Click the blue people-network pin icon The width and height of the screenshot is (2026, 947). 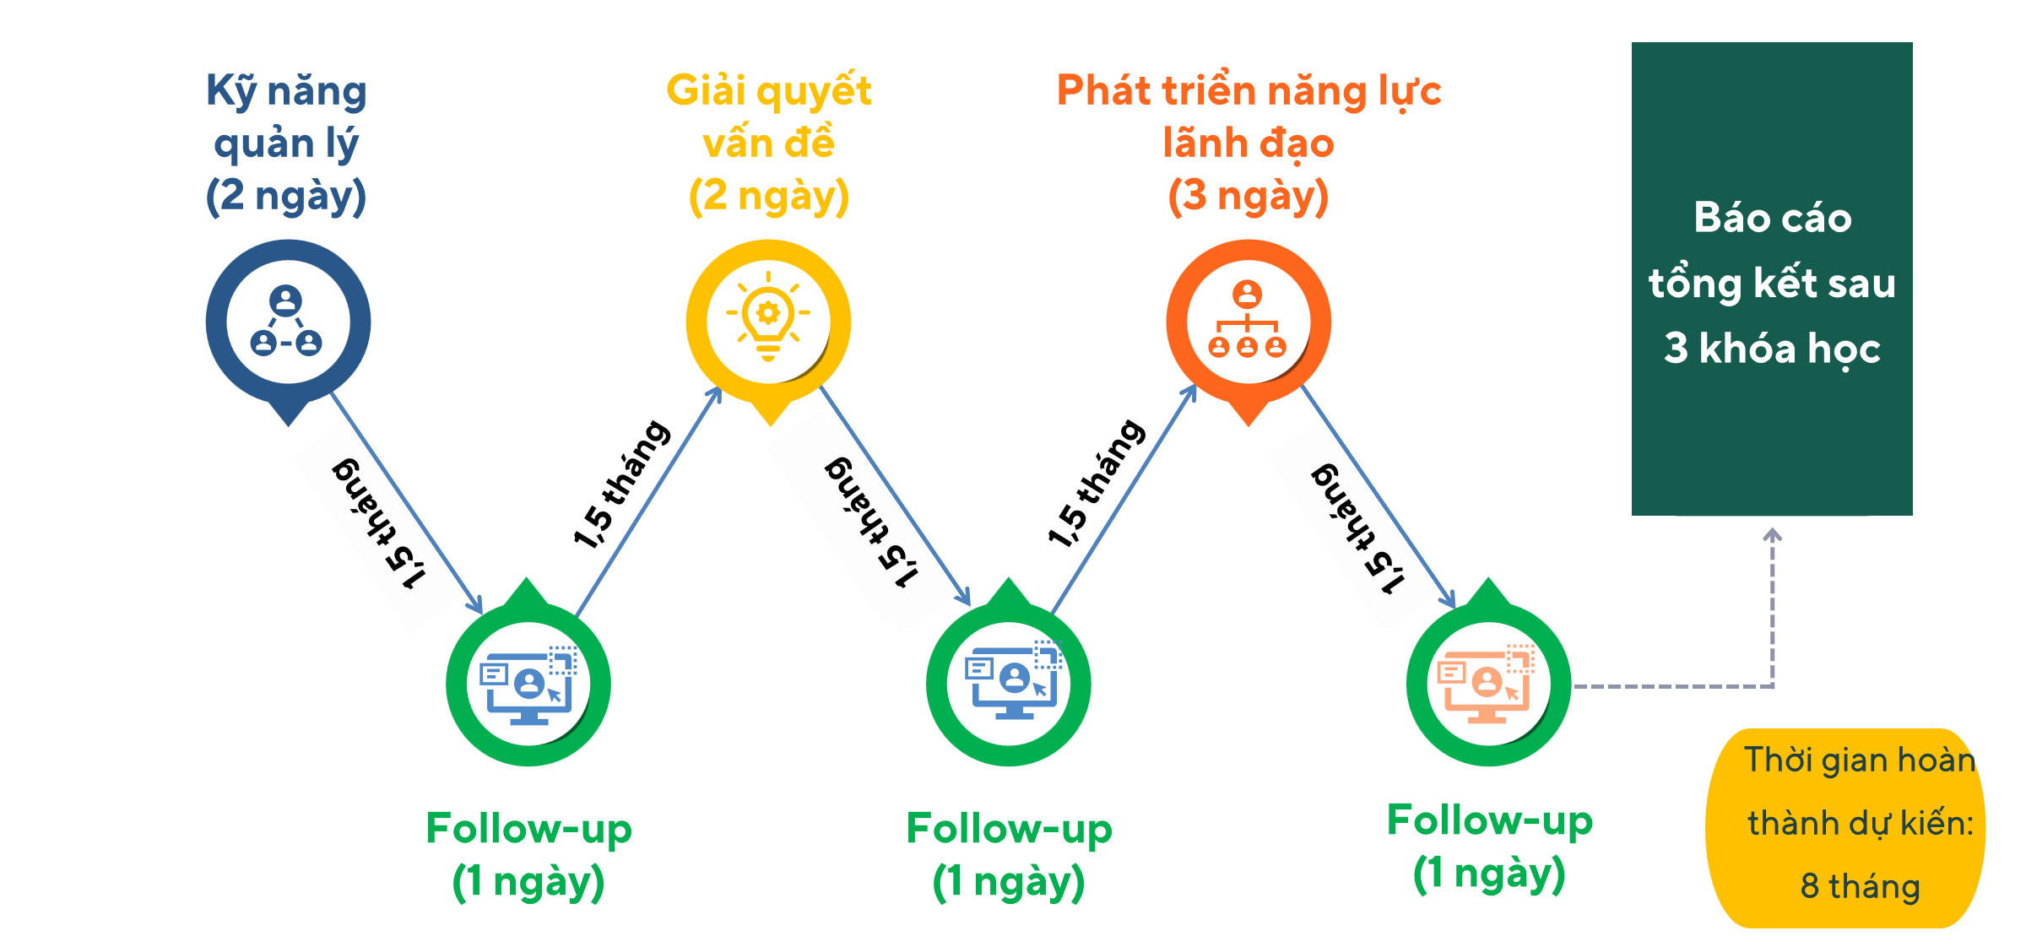(288, 322)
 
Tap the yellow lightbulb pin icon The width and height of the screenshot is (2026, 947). (768, 322)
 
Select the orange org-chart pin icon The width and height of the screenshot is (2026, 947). (1248, 322)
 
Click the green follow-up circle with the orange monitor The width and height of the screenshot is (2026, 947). (1488, 684)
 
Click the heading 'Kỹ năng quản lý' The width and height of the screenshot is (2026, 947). (286, 116)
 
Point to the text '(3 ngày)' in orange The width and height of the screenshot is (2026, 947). (1248, 196)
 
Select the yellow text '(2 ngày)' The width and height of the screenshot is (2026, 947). (768, 196)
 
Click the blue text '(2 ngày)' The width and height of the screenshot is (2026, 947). (286, 196)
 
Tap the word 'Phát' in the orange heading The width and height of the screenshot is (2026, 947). (1102, 91)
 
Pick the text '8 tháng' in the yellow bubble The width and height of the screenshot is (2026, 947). (1860, 886)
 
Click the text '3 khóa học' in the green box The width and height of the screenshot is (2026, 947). (1772, 348)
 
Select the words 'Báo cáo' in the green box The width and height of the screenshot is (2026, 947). (1772, 218)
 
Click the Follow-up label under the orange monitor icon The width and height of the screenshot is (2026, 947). (1489, 820)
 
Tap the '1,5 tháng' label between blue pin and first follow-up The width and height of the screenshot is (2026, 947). (379, 523)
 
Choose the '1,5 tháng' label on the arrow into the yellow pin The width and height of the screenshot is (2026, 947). (621, 484)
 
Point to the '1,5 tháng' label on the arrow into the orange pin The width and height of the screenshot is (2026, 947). (1097, 483)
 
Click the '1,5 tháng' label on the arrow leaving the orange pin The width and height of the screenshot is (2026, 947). (1357, 528)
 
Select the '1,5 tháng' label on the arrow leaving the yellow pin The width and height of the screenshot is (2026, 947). (871, 522)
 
